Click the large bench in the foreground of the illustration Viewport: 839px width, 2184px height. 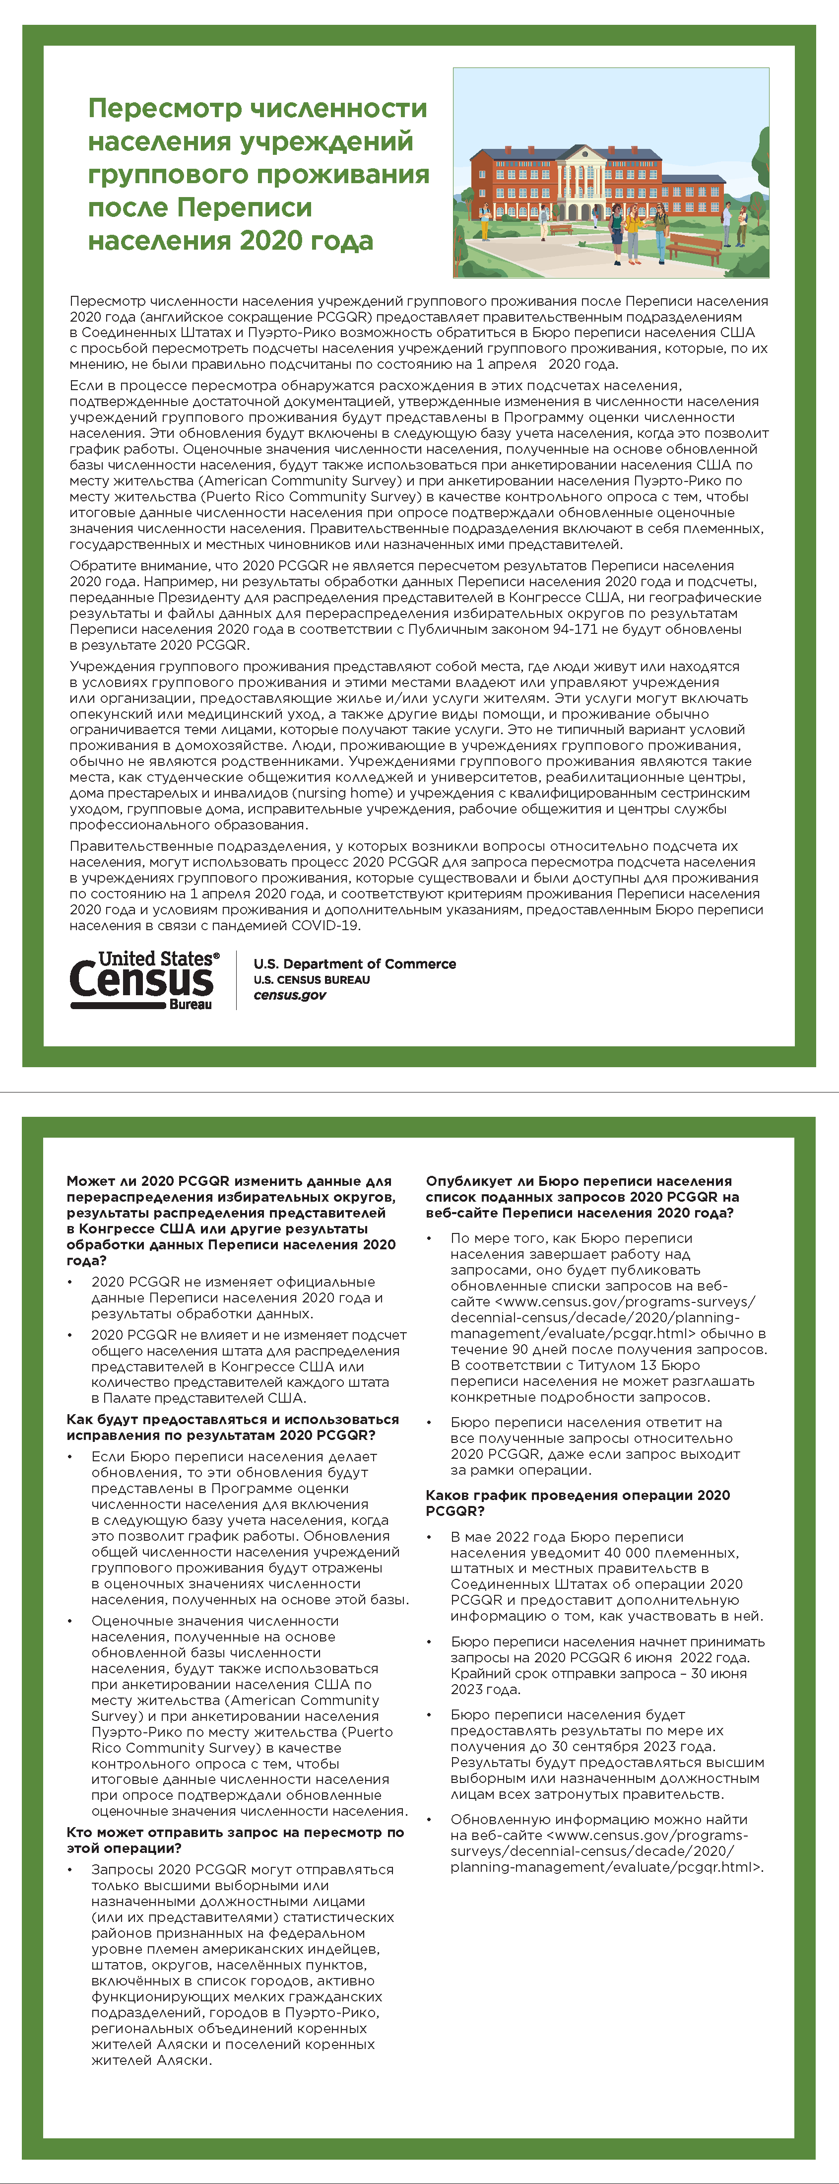(695, 248)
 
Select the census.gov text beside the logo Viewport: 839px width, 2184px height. (290, 995)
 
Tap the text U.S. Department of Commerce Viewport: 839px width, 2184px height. (354, 964)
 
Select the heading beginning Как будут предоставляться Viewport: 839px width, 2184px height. (232, 1427)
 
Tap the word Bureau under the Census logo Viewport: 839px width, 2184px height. (190, 1005)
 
